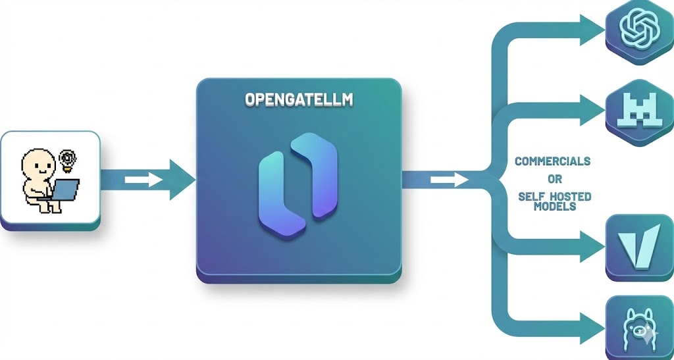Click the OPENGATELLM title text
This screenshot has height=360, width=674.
299,99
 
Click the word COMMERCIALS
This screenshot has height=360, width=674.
552,161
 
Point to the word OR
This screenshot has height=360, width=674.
552,179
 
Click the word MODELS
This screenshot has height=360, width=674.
552,207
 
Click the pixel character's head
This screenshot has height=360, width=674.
39,163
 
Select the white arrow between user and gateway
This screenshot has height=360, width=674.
143,179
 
